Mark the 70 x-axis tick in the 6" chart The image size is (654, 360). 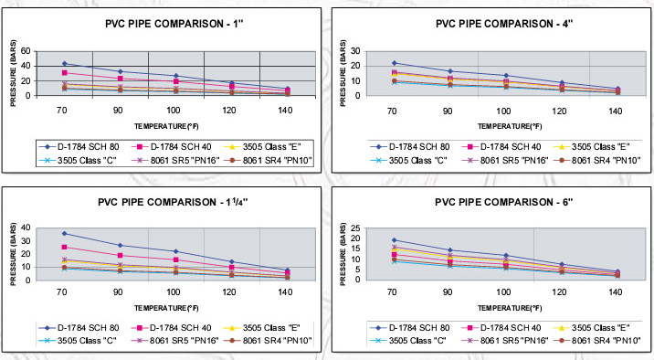(393, 290)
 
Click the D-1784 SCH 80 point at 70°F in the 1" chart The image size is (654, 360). (65, 63)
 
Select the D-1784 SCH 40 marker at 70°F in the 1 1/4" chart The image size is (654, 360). (65, 247)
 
